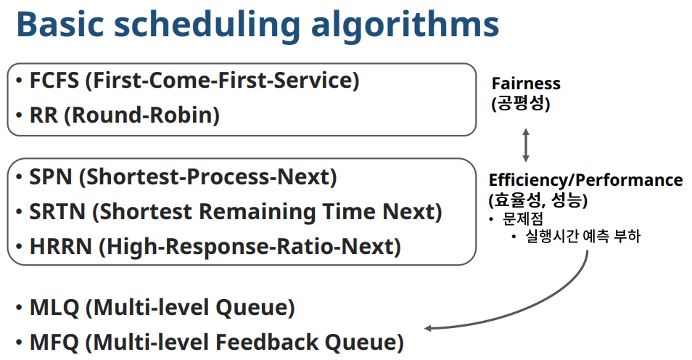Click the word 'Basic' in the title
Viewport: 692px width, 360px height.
point(60,24)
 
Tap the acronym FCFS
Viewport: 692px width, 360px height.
point(54,81)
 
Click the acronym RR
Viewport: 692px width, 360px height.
point(44,115)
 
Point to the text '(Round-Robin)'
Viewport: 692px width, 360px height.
point(141,115)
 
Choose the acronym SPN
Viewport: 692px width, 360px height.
point(50,176)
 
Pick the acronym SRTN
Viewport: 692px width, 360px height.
point(57,212)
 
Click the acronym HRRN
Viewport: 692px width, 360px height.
point(60,247)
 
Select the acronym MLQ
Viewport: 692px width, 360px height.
point(54,308)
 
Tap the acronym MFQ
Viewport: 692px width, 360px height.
point(54,343)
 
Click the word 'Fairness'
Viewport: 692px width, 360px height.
point(526,83)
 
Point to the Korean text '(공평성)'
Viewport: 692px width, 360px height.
point(521,104)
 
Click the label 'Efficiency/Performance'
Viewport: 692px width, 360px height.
point(585,180)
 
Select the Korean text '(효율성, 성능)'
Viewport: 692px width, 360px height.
point(538,200)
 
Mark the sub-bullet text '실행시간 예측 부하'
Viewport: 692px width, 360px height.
point(582,236)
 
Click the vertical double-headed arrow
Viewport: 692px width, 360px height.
point(526,145)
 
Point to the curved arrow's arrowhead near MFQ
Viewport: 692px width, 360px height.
point(428,328)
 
